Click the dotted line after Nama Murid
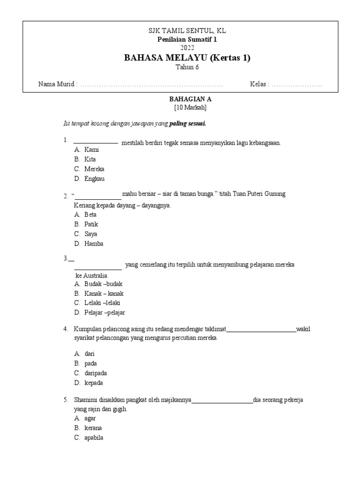coord(151,84)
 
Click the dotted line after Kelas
coord(297,84)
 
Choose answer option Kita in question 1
coord(90,159)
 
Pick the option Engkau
coord(94,179)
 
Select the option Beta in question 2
coord(90,214)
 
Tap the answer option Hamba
coord(94,244)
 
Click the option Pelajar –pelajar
coord(105,313)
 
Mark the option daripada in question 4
coord(96,373)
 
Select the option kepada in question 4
coord(93,383)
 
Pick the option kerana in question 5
coord(93,428)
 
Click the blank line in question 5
coord(222,402)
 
